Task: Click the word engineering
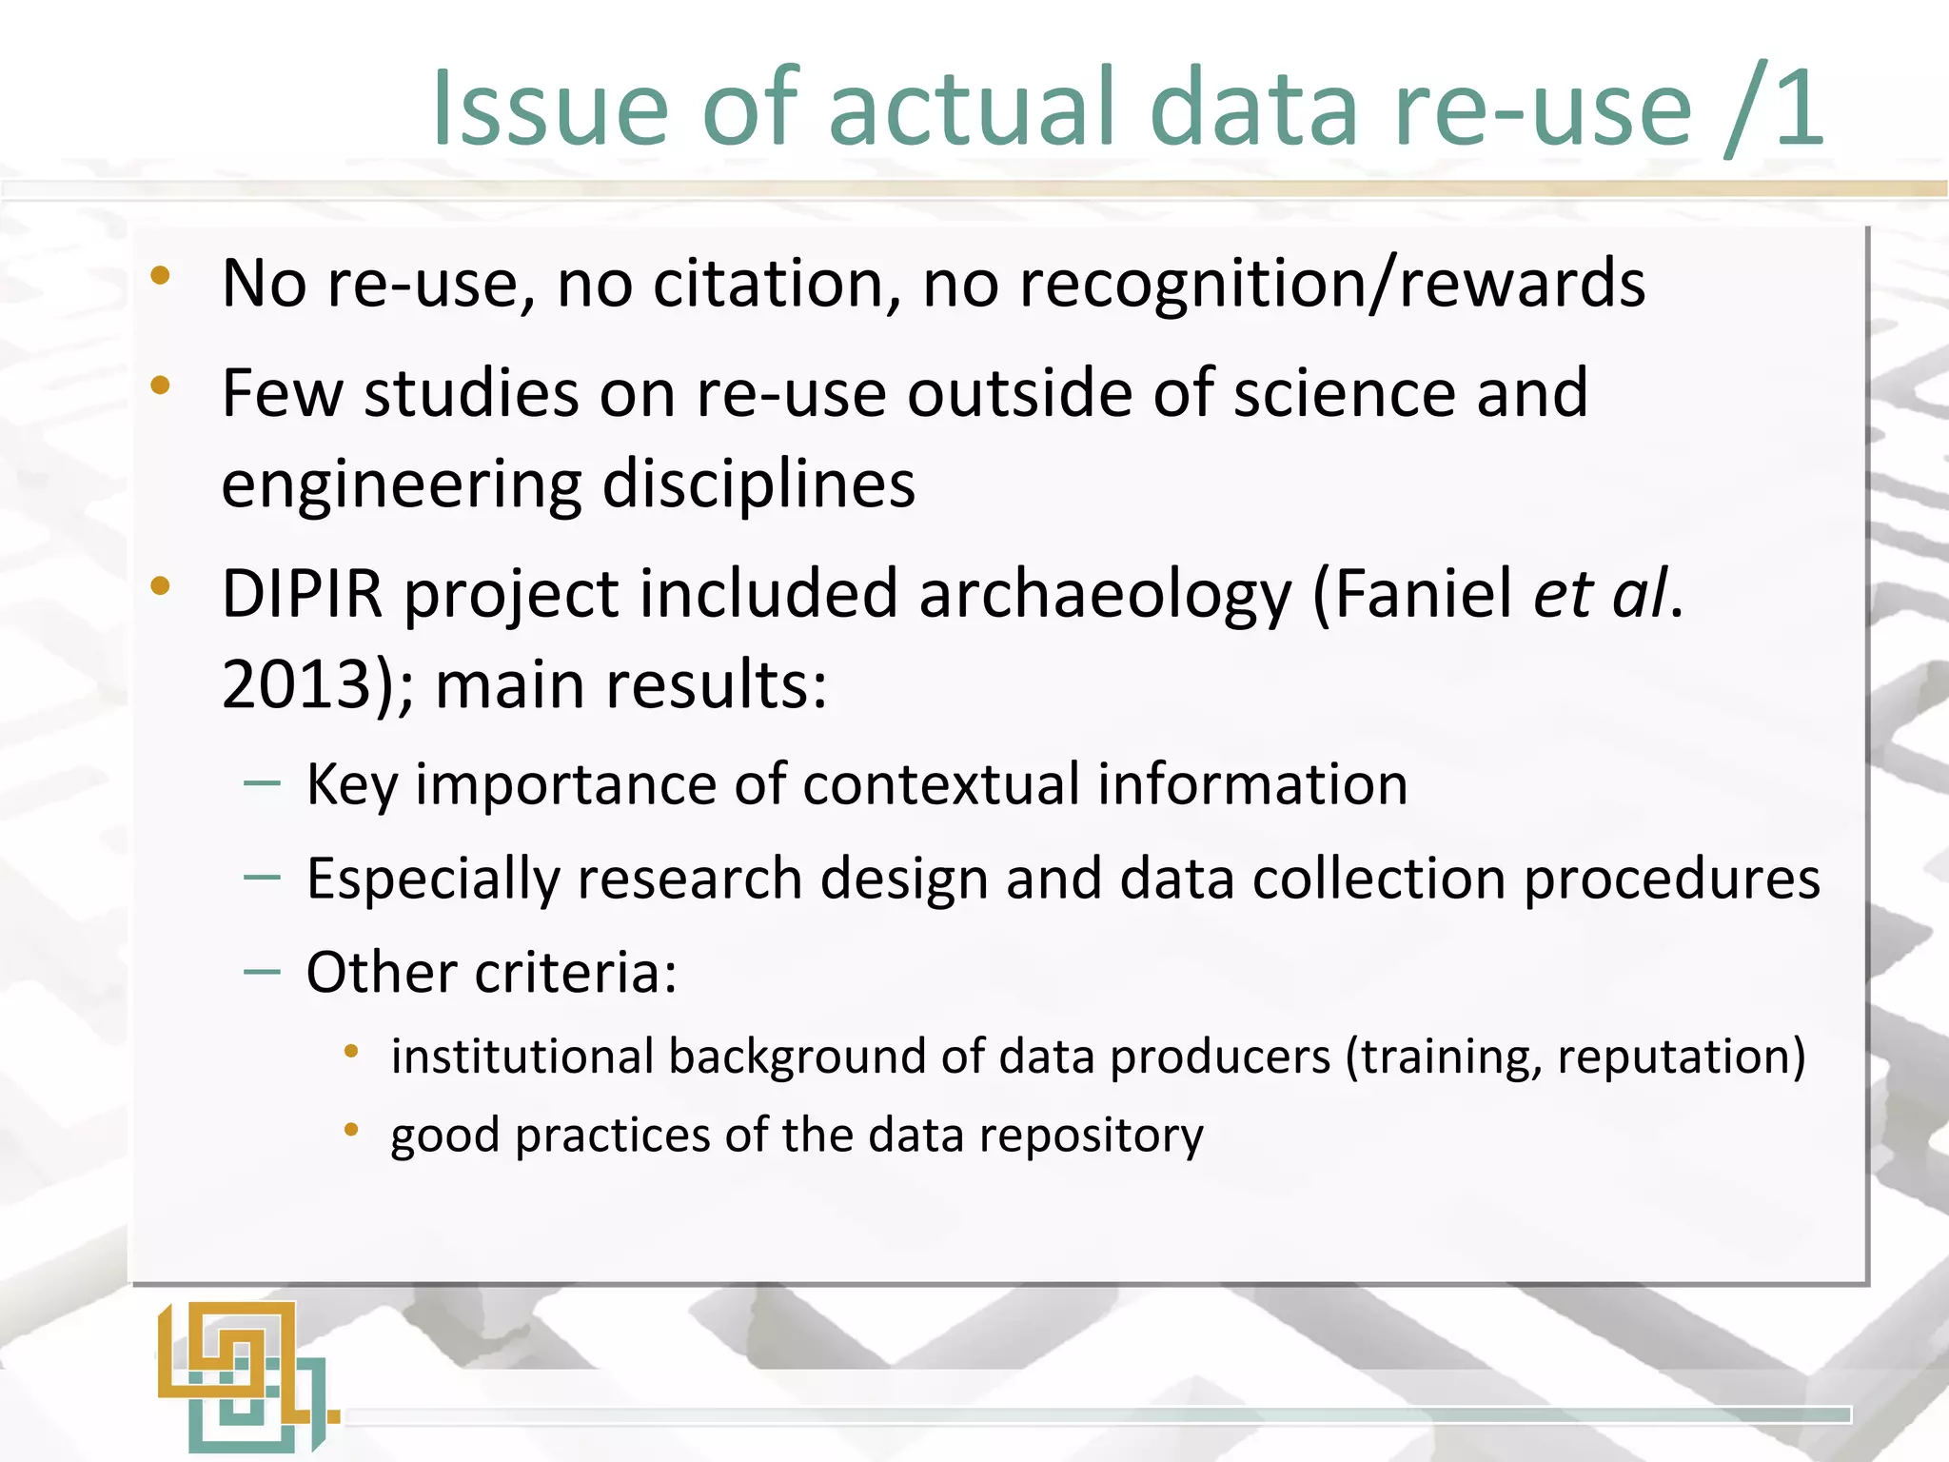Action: click(401, 484)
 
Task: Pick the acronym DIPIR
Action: click(302, 594)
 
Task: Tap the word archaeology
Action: click(1105, 594)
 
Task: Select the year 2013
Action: click(296, 684)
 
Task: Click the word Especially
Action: click(432, 879)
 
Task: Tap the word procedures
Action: click(1671, 879)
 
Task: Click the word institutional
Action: click(522, 1057)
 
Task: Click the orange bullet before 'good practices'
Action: click(351, 1130)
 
